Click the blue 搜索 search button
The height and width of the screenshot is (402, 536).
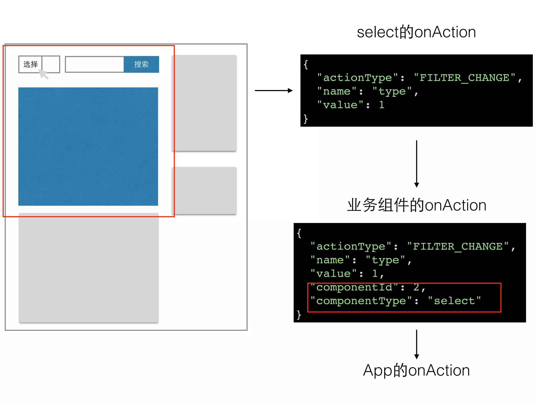click(x=141, y=64)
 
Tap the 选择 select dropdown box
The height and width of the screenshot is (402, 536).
click(x=39, y=64)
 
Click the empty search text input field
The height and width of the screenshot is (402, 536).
click(x=94, y=64)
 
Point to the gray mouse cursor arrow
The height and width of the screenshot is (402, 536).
click(x=43, y=74)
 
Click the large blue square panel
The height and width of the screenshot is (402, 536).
click(x=88, y=147)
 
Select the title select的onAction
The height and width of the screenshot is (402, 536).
click(x=416, y=32)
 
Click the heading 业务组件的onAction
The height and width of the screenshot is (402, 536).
click(x=417, y=205)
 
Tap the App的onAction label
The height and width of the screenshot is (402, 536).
click(x=416, y=370)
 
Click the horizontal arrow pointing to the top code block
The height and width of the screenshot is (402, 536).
click(x=273, y=91)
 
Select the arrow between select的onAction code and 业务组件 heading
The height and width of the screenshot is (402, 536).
click(x=417, y=164)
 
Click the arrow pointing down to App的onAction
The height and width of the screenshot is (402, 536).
click(x=417, y=344)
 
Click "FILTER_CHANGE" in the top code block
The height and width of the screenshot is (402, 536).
click(x=465, y=78)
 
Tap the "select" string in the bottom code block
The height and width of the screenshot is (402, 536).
click(x=454, y=301)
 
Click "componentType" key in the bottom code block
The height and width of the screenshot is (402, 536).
click(x=361, y=301)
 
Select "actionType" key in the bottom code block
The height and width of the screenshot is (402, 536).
click(x=351, y=247)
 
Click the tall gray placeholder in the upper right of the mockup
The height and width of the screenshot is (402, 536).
click(x=204, y=103)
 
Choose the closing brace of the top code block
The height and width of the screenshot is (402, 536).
click(x=305, y=119)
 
